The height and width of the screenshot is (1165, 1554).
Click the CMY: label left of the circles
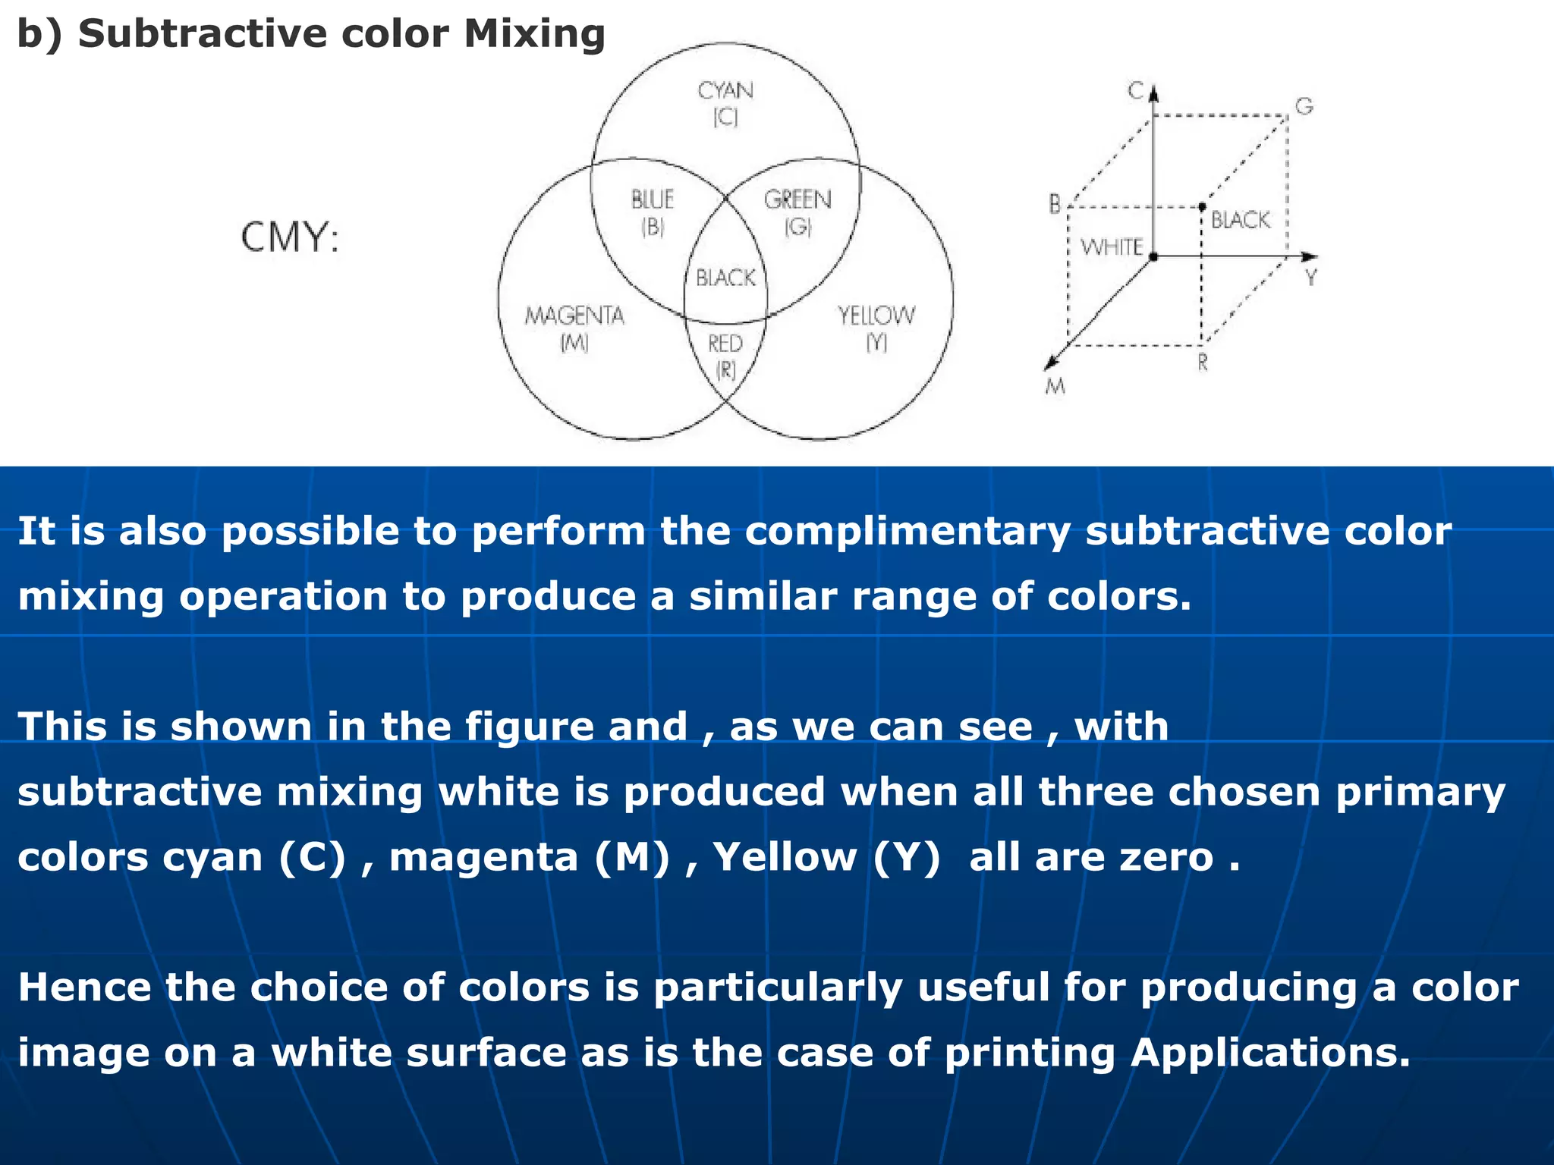point(290,237)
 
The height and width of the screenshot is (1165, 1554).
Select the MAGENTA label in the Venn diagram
point(574,316)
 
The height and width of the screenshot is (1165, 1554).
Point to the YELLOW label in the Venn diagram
point(876,316)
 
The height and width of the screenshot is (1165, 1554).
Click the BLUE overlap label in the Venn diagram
point(653,200)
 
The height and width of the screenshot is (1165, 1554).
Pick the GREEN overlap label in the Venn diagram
point(797,200)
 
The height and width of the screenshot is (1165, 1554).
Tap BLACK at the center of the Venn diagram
point(725,278)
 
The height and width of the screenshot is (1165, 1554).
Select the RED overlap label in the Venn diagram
point(725,344)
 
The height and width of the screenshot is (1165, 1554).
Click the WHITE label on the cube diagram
point(1112,247)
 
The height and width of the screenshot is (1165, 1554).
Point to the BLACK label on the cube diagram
point(1240,220)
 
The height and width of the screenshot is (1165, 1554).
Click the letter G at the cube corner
point(1304,106)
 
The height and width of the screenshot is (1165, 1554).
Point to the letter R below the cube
point(1203,363)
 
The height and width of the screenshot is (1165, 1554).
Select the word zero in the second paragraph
point(1167,858)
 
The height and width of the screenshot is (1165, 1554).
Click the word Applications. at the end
point(1270,1053)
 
